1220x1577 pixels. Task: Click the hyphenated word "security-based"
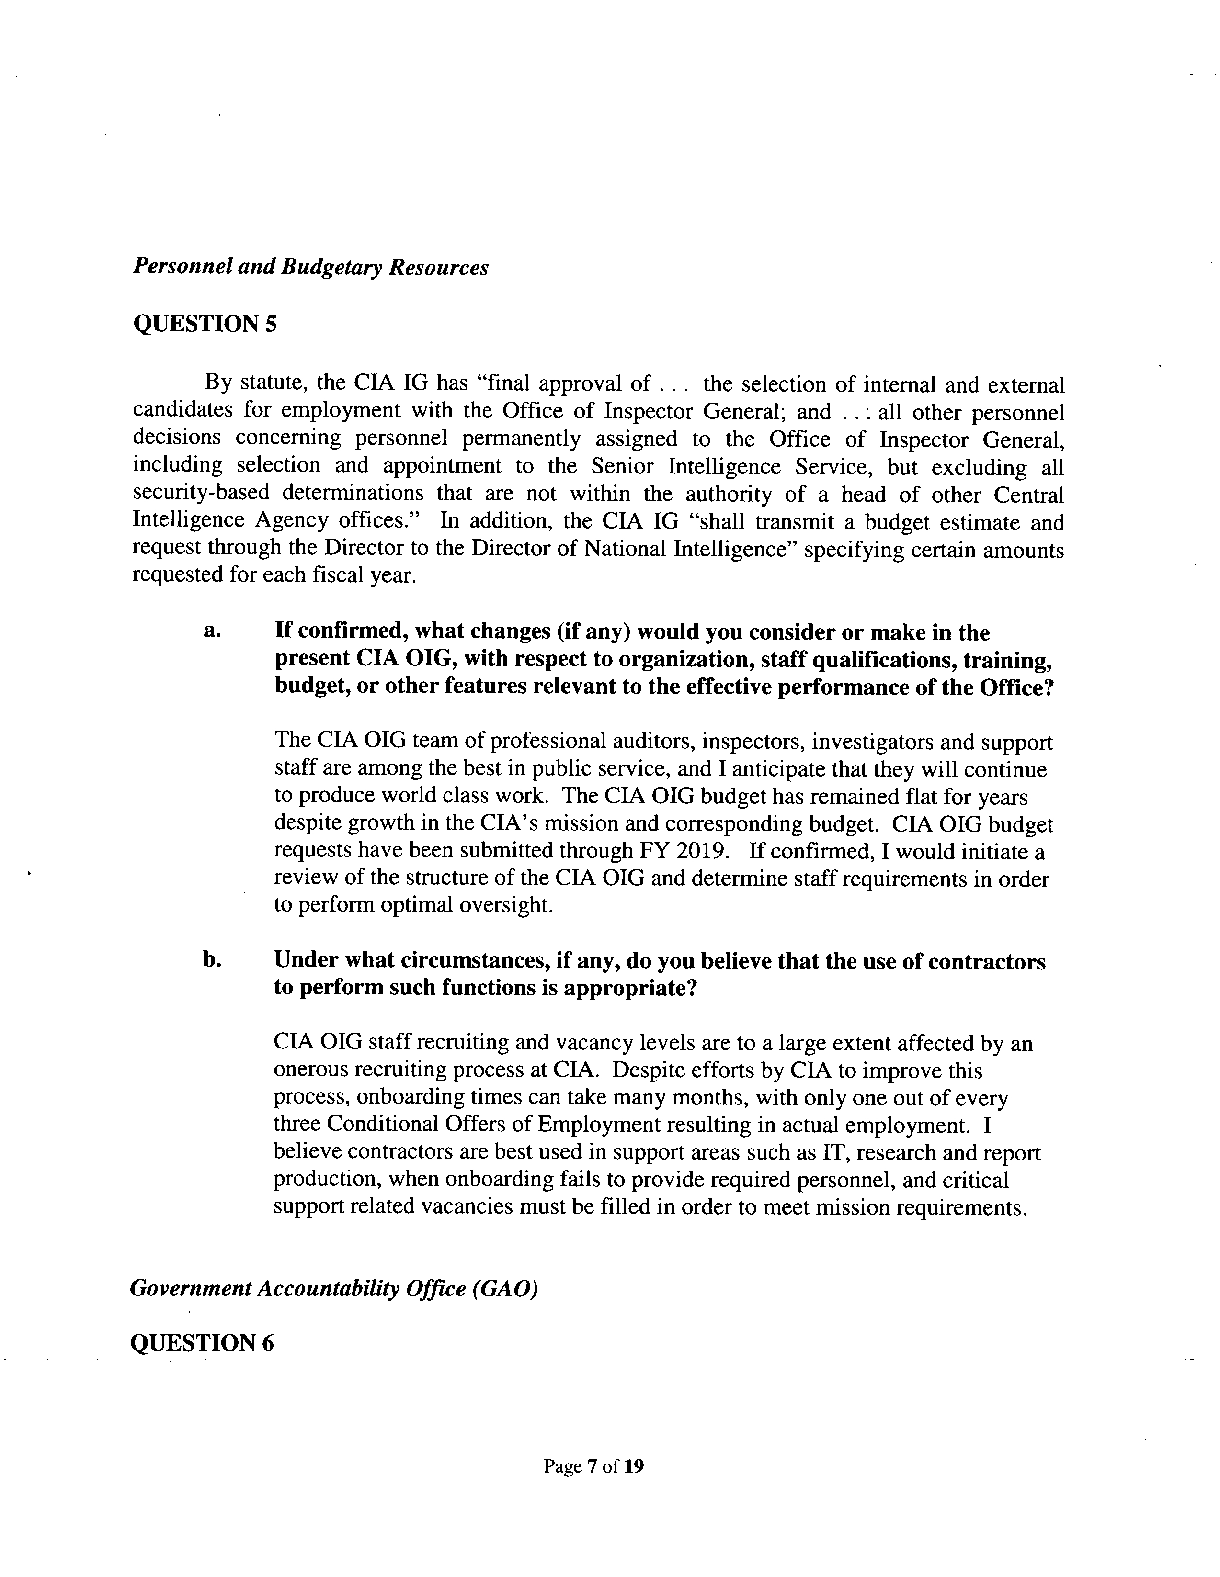tap(201, 493)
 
